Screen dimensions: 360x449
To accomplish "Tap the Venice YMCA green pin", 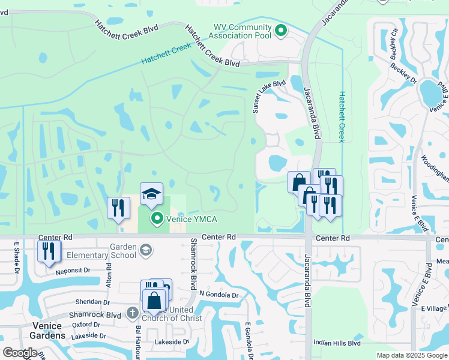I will [157, 218].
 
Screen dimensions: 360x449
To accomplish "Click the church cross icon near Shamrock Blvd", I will [133, 313].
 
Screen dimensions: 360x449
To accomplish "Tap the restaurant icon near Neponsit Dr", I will [49, 251].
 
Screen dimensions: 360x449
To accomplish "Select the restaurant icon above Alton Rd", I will [118, 208].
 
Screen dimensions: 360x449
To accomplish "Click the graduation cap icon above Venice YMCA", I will [151, 193].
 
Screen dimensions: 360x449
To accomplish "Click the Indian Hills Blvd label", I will [337, 343].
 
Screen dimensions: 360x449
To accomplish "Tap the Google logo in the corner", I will [20, 353].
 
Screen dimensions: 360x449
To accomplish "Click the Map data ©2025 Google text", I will [411, 355].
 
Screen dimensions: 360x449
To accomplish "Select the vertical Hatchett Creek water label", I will [341, 116].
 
